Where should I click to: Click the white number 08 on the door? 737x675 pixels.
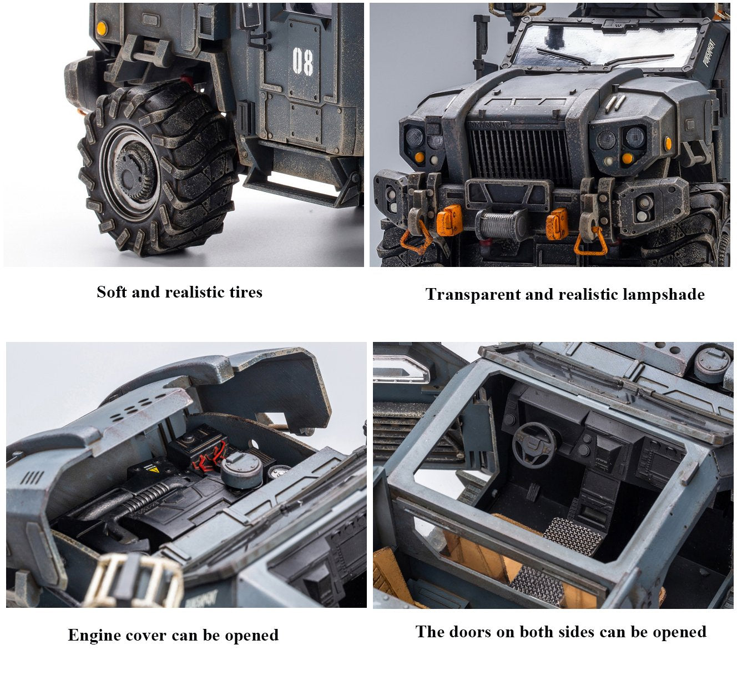(302, 61)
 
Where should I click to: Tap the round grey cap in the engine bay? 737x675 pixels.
(241, 470)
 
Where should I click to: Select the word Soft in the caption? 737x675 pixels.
(112, 293)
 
